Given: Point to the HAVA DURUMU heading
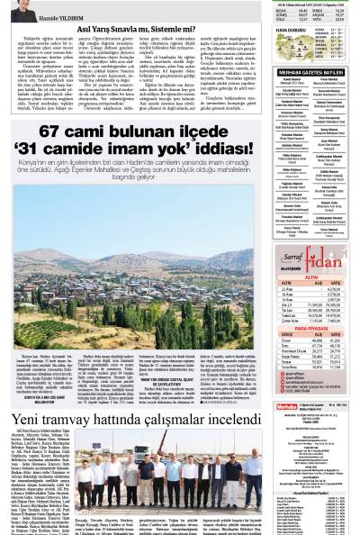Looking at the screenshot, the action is click(265, 30).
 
